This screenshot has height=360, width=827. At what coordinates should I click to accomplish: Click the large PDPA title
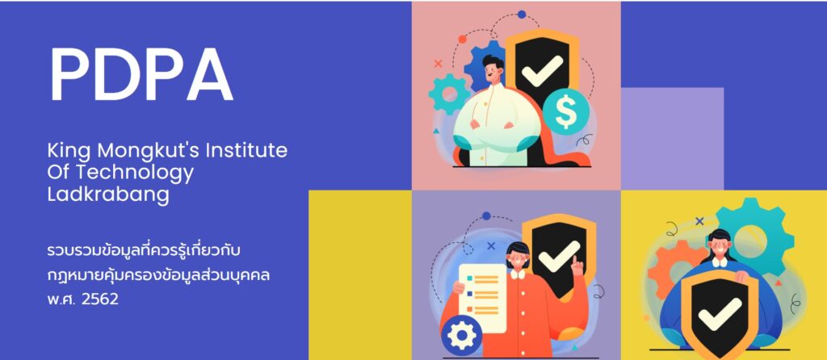coord(141,75)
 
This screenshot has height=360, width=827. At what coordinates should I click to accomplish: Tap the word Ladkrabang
coord(108,195)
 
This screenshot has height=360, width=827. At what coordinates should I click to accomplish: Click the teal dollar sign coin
coord(566,112)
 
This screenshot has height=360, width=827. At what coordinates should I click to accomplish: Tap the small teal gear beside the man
coord(449,94)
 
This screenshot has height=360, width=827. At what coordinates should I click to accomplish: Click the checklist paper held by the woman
coord(482,299)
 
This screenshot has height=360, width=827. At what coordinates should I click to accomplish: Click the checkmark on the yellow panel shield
coord(720,315)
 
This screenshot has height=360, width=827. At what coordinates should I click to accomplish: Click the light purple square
coord(673,139)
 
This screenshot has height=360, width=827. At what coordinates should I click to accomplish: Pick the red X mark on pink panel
coord(438,63)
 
